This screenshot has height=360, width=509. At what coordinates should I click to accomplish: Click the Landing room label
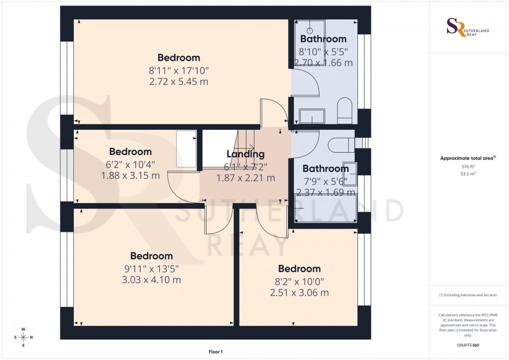(x=245, y=154)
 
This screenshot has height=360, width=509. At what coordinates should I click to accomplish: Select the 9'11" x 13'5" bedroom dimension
(x=151, y=269)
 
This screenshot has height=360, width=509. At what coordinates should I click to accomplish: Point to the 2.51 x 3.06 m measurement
(x=299, y=293)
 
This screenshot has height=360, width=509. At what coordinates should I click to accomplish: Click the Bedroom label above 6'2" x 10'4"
(x=130, y=152)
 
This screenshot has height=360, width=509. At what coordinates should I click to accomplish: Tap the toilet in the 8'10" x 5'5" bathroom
(x=345, y=110)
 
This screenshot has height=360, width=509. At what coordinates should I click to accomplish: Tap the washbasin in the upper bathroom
(x=312, y=116)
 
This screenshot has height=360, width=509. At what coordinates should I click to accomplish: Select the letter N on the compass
(x=31, y=338)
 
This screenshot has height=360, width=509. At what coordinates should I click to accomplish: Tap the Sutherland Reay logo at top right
(x=468, y=28)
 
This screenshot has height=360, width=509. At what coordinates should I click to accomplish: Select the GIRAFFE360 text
(x=468, y=345)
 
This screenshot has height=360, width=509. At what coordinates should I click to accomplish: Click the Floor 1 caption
(x=216, y=352)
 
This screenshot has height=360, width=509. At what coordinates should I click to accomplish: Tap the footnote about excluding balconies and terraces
(x=468, y=295)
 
